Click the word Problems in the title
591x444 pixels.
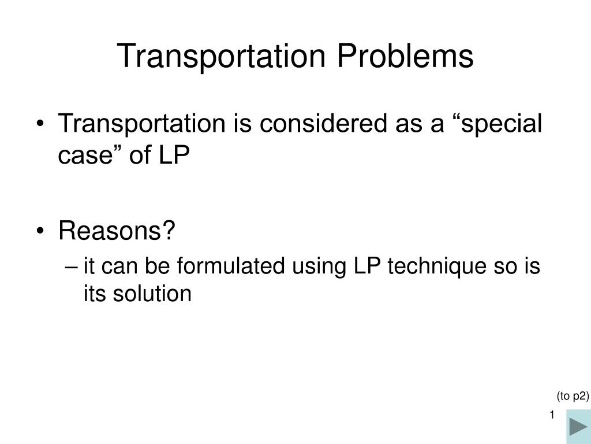[x=405, y=56]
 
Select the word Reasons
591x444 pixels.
[x=117, y=232]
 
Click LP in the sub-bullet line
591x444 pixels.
[x=366, y=267]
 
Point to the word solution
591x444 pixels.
[x=155, y=294]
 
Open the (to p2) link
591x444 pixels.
[x=572, y=396]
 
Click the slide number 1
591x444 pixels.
[x=552, y=415]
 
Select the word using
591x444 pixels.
[x=312, y=267]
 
